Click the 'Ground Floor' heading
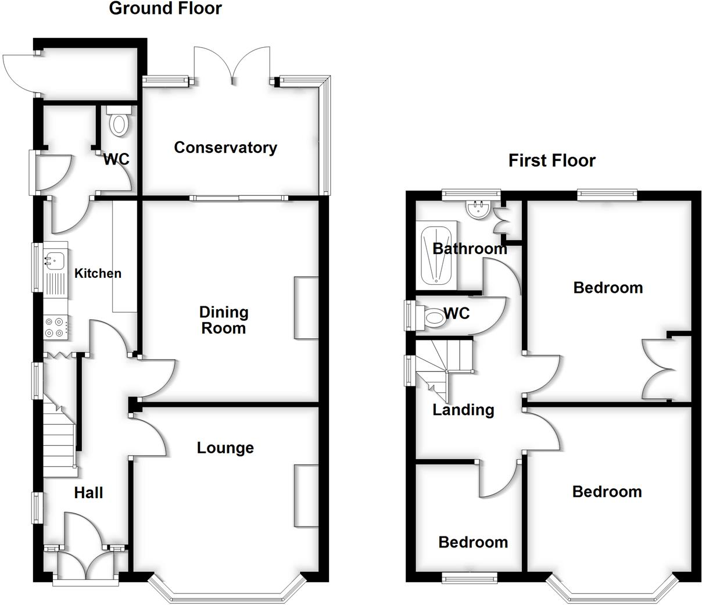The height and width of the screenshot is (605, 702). point(165,9)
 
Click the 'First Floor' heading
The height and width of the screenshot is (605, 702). point(551,160)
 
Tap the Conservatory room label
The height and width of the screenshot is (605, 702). point(225,148)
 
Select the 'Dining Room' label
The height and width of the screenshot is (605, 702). point(224,320)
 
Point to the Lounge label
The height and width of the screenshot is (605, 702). point(225,448)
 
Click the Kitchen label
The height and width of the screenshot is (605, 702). point(98,273)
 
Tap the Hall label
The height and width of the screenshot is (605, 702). point(88,493)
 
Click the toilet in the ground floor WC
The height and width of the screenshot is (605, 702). point(119,122)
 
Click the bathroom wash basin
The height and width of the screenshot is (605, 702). point(479,210)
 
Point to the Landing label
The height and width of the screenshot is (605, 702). point(463,410)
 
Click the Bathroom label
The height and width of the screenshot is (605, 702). point(470,249)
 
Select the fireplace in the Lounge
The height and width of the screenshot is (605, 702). point(306,495)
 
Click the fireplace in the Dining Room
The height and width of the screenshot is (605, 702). point(306,307)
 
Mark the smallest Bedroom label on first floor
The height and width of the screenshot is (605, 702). point(473,542)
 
